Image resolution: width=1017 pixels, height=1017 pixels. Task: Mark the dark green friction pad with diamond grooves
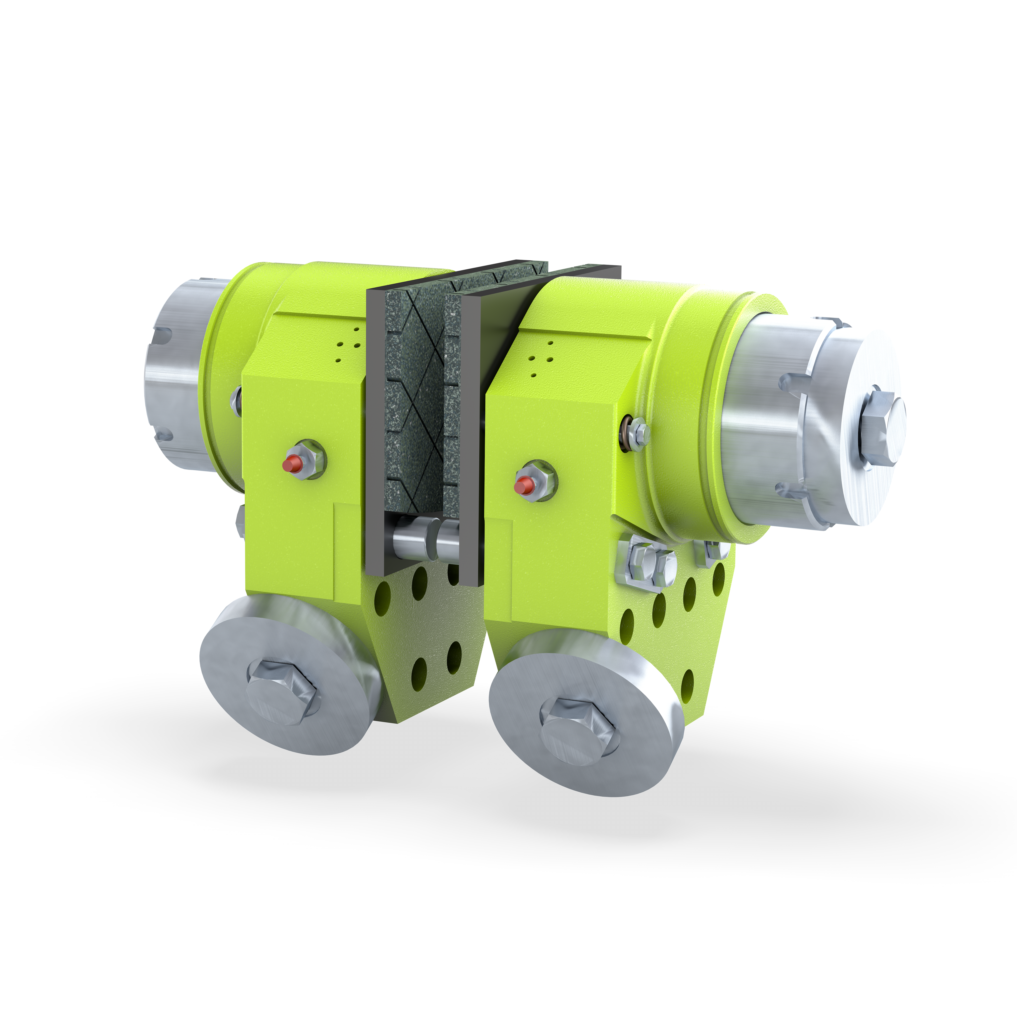[413, 400]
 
